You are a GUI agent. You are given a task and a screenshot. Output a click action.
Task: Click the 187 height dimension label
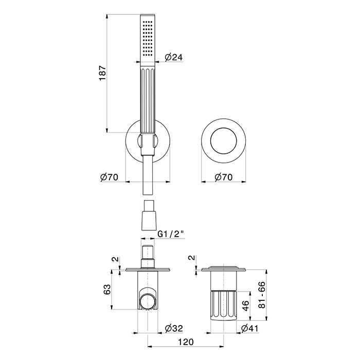tap(103, 73)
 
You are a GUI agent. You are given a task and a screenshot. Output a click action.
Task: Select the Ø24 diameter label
tap(174, 57)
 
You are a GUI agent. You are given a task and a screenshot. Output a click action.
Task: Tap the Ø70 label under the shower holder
tap(109, 177)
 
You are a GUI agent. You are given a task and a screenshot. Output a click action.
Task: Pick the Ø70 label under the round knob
tap(223, 177)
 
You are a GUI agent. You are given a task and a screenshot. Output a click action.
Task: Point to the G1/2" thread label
tap(171, 234)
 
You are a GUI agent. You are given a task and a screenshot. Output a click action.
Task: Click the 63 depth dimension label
tap(107, 289)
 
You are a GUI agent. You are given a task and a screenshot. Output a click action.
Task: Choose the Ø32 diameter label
tap(174, 328)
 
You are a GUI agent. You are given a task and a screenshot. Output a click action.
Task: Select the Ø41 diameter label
tap(250, 328)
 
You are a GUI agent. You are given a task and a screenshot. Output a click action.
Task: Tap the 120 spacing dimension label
tap(186, 342)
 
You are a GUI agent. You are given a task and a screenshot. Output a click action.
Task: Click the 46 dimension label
tap(245, 305)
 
